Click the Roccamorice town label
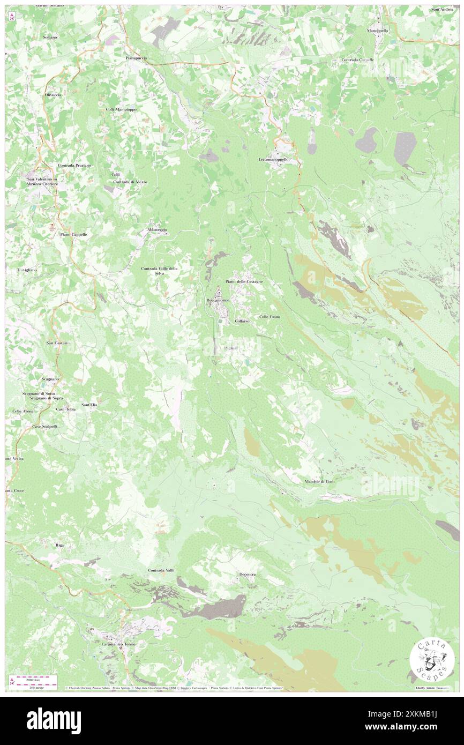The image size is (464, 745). tap(218, 300)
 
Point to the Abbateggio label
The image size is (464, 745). tap(157, 230)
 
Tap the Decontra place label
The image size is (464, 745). tap(247, 575)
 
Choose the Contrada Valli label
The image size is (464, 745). tap(161, 570)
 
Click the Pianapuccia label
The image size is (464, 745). tap(136, 57)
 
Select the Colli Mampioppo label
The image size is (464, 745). tap(121, 109)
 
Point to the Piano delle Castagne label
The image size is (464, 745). tap(244, 281)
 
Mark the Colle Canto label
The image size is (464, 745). tap(270, 317)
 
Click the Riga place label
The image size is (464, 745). tap(59, 545)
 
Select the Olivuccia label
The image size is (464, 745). tap(53, 95)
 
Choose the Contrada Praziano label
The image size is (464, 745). tap(74, 165)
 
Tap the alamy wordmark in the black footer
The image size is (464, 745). tap(54, 720)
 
